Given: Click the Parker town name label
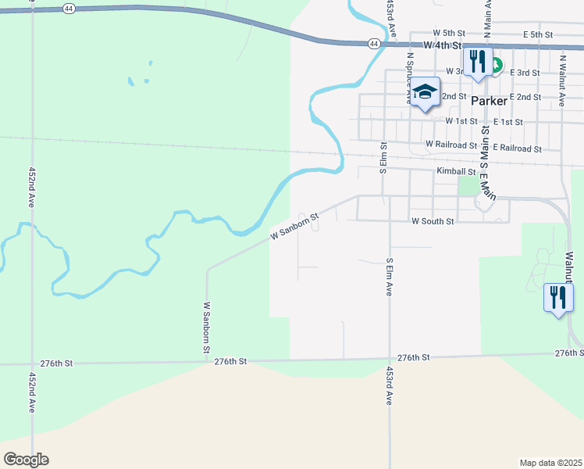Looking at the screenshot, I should [x=490, y=101].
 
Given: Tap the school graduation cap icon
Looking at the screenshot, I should [x=425, y=93].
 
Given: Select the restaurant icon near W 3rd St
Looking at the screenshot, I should [x=477, y=62].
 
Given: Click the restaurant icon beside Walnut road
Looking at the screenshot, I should [x=558, y=298].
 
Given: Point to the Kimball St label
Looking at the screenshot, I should [x=457, y=171].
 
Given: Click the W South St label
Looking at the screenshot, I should [x=433, y=222].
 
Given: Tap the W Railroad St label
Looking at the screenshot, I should [x=451, y=145].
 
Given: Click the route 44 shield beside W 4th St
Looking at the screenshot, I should [x=376, y=44].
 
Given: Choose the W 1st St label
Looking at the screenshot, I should [x=461, y=121].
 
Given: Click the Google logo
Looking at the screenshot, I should [x=26, y=460].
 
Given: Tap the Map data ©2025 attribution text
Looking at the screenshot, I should [x=550, y=463].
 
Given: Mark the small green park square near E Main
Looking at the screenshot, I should [x=468, y=185].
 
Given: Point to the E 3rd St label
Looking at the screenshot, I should [x=525, y=73].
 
